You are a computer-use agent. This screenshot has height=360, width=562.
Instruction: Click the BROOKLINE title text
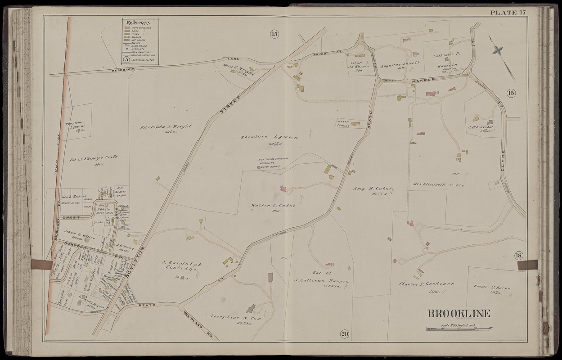(459, 314)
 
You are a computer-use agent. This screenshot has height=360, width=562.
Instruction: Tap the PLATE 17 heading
(508, 12)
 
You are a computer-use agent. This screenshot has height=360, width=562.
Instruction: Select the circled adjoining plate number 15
(274, 33)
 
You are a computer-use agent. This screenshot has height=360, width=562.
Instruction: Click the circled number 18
(519, 256)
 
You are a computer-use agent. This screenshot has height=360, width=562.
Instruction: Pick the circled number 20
(344, 333)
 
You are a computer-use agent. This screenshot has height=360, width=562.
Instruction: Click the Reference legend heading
(138, 22)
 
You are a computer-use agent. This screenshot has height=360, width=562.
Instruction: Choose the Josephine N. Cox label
(230, 317)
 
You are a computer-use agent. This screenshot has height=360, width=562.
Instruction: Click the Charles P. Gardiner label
(426, 284)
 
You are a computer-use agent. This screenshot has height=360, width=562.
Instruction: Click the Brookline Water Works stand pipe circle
(259, 167)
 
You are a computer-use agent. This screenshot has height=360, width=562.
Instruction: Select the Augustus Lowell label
(400, 64)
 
